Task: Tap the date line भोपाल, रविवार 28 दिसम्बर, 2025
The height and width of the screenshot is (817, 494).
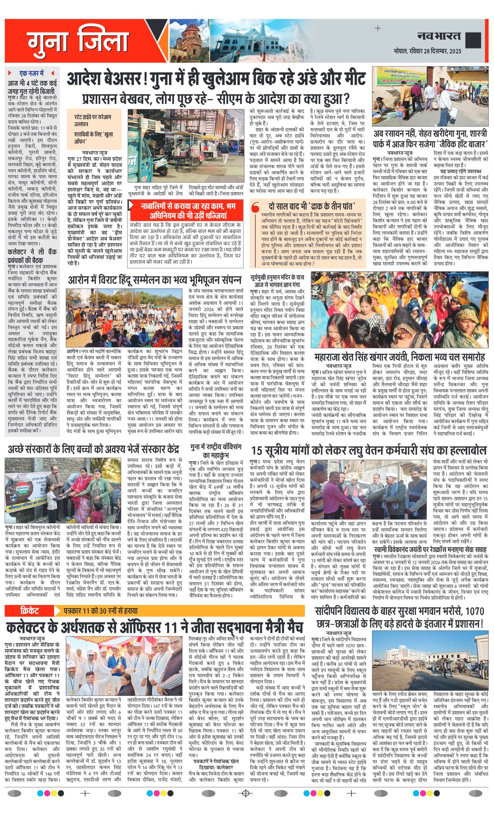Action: point(427,51)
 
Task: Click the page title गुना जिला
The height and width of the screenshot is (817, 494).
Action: point(78,42)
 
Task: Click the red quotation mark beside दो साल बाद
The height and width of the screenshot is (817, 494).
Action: point(255,209)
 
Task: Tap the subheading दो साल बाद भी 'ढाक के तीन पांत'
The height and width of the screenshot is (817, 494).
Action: point(312,206)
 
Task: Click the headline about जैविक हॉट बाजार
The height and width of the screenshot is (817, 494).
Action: point(430,139)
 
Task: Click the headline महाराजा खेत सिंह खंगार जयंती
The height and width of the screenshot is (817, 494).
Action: point(400,357)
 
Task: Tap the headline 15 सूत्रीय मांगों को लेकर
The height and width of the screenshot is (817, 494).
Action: point(368,450)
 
